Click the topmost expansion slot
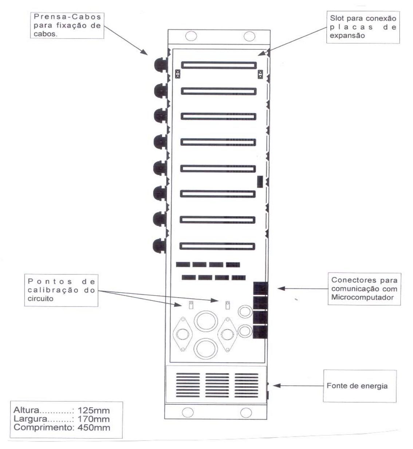click(219, 65)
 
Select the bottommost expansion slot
click(217, 246)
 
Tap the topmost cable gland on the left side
click(161, 65)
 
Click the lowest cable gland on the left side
click(159, 246)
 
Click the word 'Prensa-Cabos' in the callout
click(67, 17)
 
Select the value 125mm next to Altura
click(94, 410)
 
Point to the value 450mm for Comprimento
click(94, 428)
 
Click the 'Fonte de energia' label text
click(357, 386)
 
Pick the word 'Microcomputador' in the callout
click(362, 297)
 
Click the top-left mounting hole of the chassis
click(191, 36)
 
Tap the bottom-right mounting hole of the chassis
click(246, 413)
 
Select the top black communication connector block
click(260, 288)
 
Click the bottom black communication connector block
click(260, 332)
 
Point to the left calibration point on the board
click(191, 305)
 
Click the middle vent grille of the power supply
click(217, 385)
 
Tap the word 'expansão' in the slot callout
click(347, 36)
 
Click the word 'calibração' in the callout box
click(53, 290)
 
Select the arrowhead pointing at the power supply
click(277, 385)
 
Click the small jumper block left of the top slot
click(178, 74)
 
